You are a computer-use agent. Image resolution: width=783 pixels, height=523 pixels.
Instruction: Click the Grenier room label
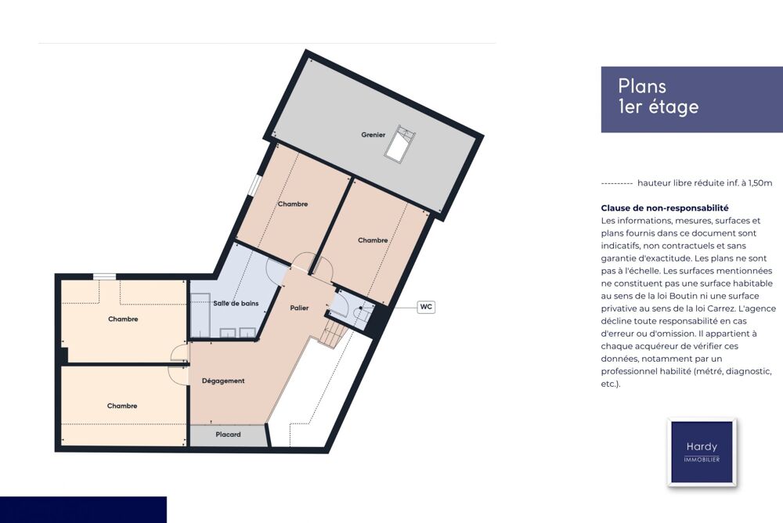point(373,135)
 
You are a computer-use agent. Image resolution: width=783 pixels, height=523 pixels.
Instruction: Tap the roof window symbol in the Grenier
point(400,144)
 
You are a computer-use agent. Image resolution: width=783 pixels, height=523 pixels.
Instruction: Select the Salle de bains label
point(236,303)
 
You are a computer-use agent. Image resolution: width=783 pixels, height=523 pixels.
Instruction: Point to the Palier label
point(299,308)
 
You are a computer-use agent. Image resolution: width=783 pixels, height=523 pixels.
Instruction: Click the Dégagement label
point(223,381)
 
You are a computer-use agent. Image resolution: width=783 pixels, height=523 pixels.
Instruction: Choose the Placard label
point(228,435)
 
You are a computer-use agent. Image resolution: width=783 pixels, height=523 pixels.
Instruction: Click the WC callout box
point(426,307)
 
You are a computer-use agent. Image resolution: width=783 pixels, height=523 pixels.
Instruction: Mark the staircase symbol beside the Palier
point(332,334)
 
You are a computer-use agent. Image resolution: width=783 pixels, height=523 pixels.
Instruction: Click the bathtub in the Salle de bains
point(200,315)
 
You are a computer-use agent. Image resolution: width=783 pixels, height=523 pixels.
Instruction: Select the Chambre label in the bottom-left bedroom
point(122,406)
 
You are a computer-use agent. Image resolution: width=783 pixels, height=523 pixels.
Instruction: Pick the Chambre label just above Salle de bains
point(293,204)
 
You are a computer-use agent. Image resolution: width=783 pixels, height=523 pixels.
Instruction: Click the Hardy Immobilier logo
point(702,452)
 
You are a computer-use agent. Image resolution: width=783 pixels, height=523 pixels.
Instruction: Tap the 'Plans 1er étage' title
point(659,96)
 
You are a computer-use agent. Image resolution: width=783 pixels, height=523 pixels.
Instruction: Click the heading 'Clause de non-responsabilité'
point(665,207)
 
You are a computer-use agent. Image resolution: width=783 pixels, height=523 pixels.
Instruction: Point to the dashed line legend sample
point(617,183)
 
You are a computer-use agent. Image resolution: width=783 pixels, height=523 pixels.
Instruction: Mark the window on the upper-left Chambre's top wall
point(104,276)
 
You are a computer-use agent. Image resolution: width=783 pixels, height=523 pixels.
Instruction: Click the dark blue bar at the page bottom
point(84,510)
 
